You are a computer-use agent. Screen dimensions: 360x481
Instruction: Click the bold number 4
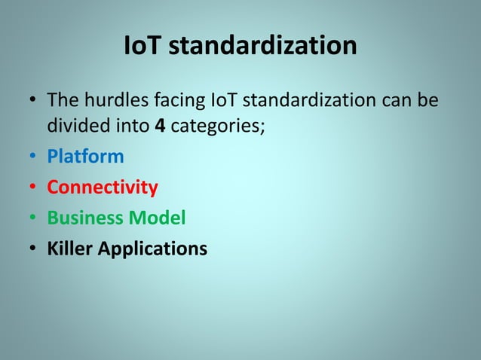[x=159, y=126]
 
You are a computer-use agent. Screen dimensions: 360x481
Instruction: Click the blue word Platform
[x=85, y=157]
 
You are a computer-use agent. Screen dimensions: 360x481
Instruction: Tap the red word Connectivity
[x=103, y=188]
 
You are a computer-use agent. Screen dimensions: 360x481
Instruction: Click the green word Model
[x=155, y=218]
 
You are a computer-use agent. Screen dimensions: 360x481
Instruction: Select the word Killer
[x=69, y=248]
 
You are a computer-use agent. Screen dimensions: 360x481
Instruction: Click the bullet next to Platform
[x=32, y=157]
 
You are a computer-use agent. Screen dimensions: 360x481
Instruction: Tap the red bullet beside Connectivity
[x=32, y=188]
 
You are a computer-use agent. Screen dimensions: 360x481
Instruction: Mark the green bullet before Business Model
[x=32, y=218]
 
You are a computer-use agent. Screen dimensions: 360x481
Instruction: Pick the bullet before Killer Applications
[x=32, y=249]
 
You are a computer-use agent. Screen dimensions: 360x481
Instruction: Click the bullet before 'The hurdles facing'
[x=32, y=100]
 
